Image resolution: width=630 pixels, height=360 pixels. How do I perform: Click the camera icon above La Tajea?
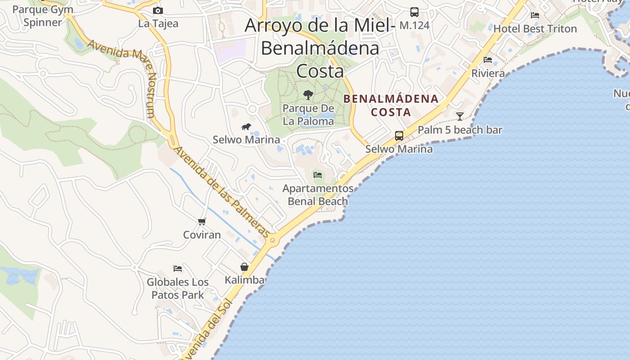point(158,10)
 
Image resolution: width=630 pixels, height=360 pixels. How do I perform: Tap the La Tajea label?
point(158,23)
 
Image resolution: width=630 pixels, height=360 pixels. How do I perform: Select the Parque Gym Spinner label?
point(42,16)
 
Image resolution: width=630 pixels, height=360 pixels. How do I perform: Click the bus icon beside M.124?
point(414,12)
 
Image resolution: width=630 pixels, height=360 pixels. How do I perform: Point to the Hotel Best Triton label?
point(535,29)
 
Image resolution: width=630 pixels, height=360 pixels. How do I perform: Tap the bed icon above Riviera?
point(488,60)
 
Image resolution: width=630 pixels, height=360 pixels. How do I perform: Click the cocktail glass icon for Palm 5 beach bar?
point(460,117)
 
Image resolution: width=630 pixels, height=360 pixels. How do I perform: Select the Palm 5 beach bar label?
point(460,130)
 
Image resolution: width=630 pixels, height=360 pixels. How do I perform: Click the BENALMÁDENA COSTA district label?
point(391,105)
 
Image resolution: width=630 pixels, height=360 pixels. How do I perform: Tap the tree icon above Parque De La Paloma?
point(308,94)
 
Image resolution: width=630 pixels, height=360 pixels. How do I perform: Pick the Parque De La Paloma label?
point(309,115)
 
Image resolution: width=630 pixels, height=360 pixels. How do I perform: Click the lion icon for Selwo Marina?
point(246,127)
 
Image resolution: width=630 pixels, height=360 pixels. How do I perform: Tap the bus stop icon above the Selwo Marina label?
point(399,135)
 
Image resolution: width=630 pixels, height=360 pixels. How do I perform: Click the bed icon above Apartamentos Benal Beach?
point(318,175)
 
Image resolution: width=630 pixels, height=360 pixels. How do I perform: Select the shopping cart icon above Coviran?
point(202,221)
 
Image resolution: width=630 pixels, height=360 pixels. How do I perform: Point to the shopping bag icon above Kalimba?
point(244,267)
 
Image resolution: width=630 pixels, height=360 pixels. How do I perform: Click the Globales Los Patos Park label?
point(178,288)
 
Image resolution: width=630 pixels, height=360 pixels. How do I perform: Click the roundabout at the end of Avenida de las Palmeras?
point(272,240)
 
